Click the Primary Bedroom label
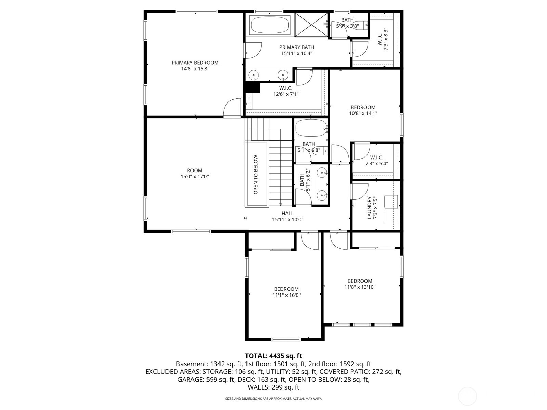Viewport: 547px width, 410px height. [195, 63]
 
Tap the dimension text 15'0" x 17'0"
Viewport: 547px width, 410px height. [195, 177]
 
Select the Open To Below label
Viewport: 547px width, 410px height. [256, 175]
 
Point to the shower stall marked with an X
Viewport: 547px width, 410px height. [311, 25]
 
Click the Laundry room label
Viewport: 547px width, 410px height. [369, 207]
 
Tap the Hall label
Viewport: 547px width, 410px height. [288, 214]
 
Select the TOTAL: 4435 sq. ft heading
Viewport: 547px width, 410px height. [273, 356]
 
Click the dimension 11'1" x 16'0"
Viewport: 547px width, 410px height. [286, 295]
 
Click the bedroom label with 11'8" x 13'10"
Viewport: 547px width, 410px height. [360, 281]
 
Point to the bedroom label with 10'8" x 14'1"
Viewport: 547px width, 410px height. [363, 107]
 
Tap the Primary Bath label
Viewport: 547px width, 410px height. [296, 47]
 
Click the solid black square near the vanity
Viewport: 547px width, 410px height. [253, 87]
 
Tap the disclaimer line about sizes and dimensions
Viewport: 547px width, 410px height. [273, 399]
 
